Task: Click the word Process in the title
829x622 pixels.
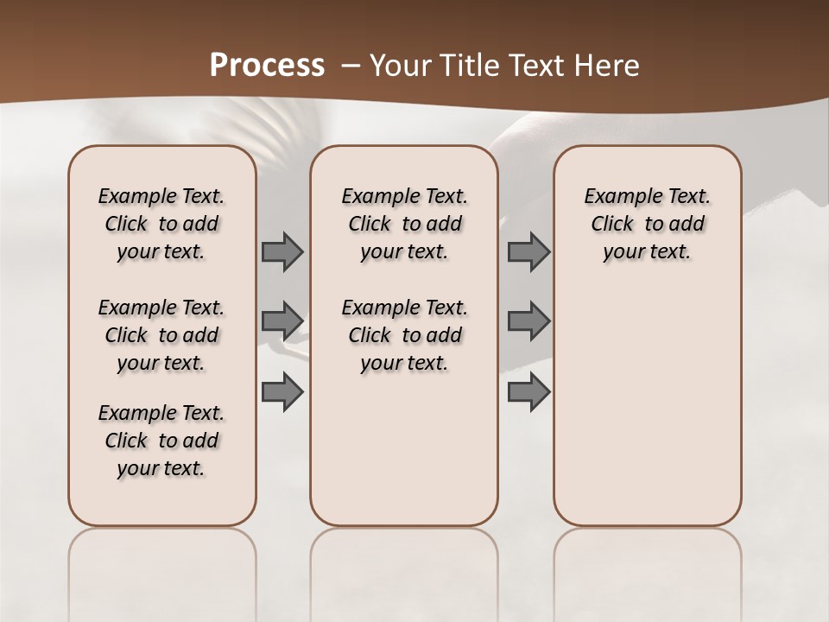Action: pyautogui.click(x=267, y=66)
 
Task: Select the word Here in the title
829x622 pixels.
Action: pyautogui.click(x=604, y=66)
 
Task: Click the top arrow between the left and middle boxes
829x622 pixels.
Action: pyautogui.click(x=282, y=252)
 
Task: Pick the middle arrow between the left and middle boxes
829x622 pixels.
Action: pyautogui.click(x=282, y=321)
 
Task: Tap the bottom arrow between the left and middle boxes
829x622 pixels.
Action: pyautogui.click(x=282, y=391)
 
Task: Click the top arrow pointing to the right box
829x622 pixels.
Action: pyautogui.click(x=528, y=252)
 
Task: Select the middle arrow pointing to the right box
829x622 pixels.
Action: pyautogui.click(x=528, y=321)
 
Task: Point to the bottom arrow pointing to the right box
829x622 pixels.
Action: pyautogui.click(x=528, y=391)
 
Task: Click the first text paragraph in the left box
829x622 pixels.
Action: pyautogui.click(x=161, y=224)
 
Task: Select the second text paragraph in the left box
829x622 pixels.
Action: pyautogui.click(x=161, y=335)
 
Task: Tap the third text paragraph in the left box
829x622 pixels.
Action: pyautogui.click(x=161, y=441)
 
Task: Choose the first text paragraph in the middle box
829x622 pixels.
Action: pyautogui.click(x=404, y=224)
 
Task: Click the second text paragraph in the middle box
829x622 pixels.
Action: pyautogui.click(x=404, y=335)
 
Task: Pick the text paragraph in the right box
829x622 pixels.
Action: pyautogui.click(x=647, y=224)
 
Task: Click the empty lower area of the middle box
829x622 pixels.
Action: pyautogui.click(x=404, y=449)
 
